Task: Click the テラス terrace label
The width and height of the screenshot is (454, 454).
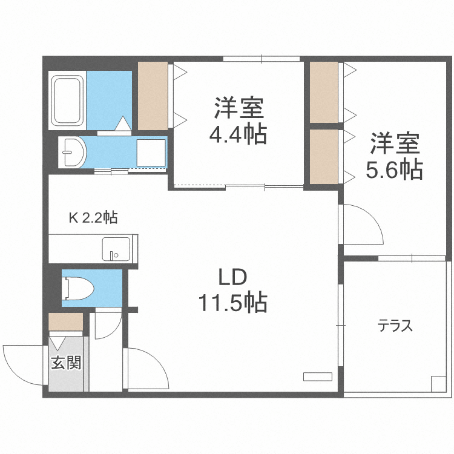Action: (395, 326)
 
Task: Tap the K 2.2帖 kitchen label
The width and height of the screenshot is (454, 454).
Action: (93, 217)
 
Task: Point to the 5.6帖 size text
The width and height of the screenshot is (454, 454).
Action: (393, 169)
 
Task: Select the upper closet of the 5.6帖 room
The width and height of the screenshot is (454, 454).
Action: (324, 91)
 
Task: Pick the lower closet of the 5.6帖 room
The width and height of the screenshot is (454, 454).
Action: (324, 157)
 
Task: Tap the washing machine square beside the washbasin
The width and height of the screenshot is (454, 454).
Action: (150, 153)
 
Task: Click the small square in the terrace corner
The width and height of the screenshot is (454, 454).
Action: (438, 383)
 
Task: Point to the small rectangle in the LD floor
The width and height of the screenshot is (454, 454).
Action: (317, 376)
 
